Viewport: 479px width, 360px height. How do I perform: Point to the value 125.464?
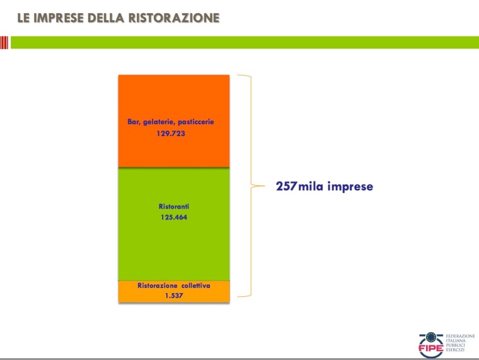173,218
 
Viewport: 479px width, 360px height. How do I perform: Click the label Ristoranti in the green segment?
173,206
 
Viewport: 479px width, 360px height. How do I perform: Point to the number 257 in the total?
286,187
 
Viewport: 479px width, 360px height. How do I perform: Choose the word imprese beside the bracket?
350,187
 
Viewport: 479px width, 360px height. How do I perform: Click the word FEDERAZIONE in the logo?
460,337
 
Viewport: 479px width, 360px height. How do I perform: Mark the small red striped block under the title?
4,42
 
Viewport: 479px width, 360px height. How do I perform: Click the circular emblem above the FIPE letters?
429,337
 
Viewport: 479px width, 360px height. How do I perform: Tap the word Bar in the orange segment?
134,122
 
